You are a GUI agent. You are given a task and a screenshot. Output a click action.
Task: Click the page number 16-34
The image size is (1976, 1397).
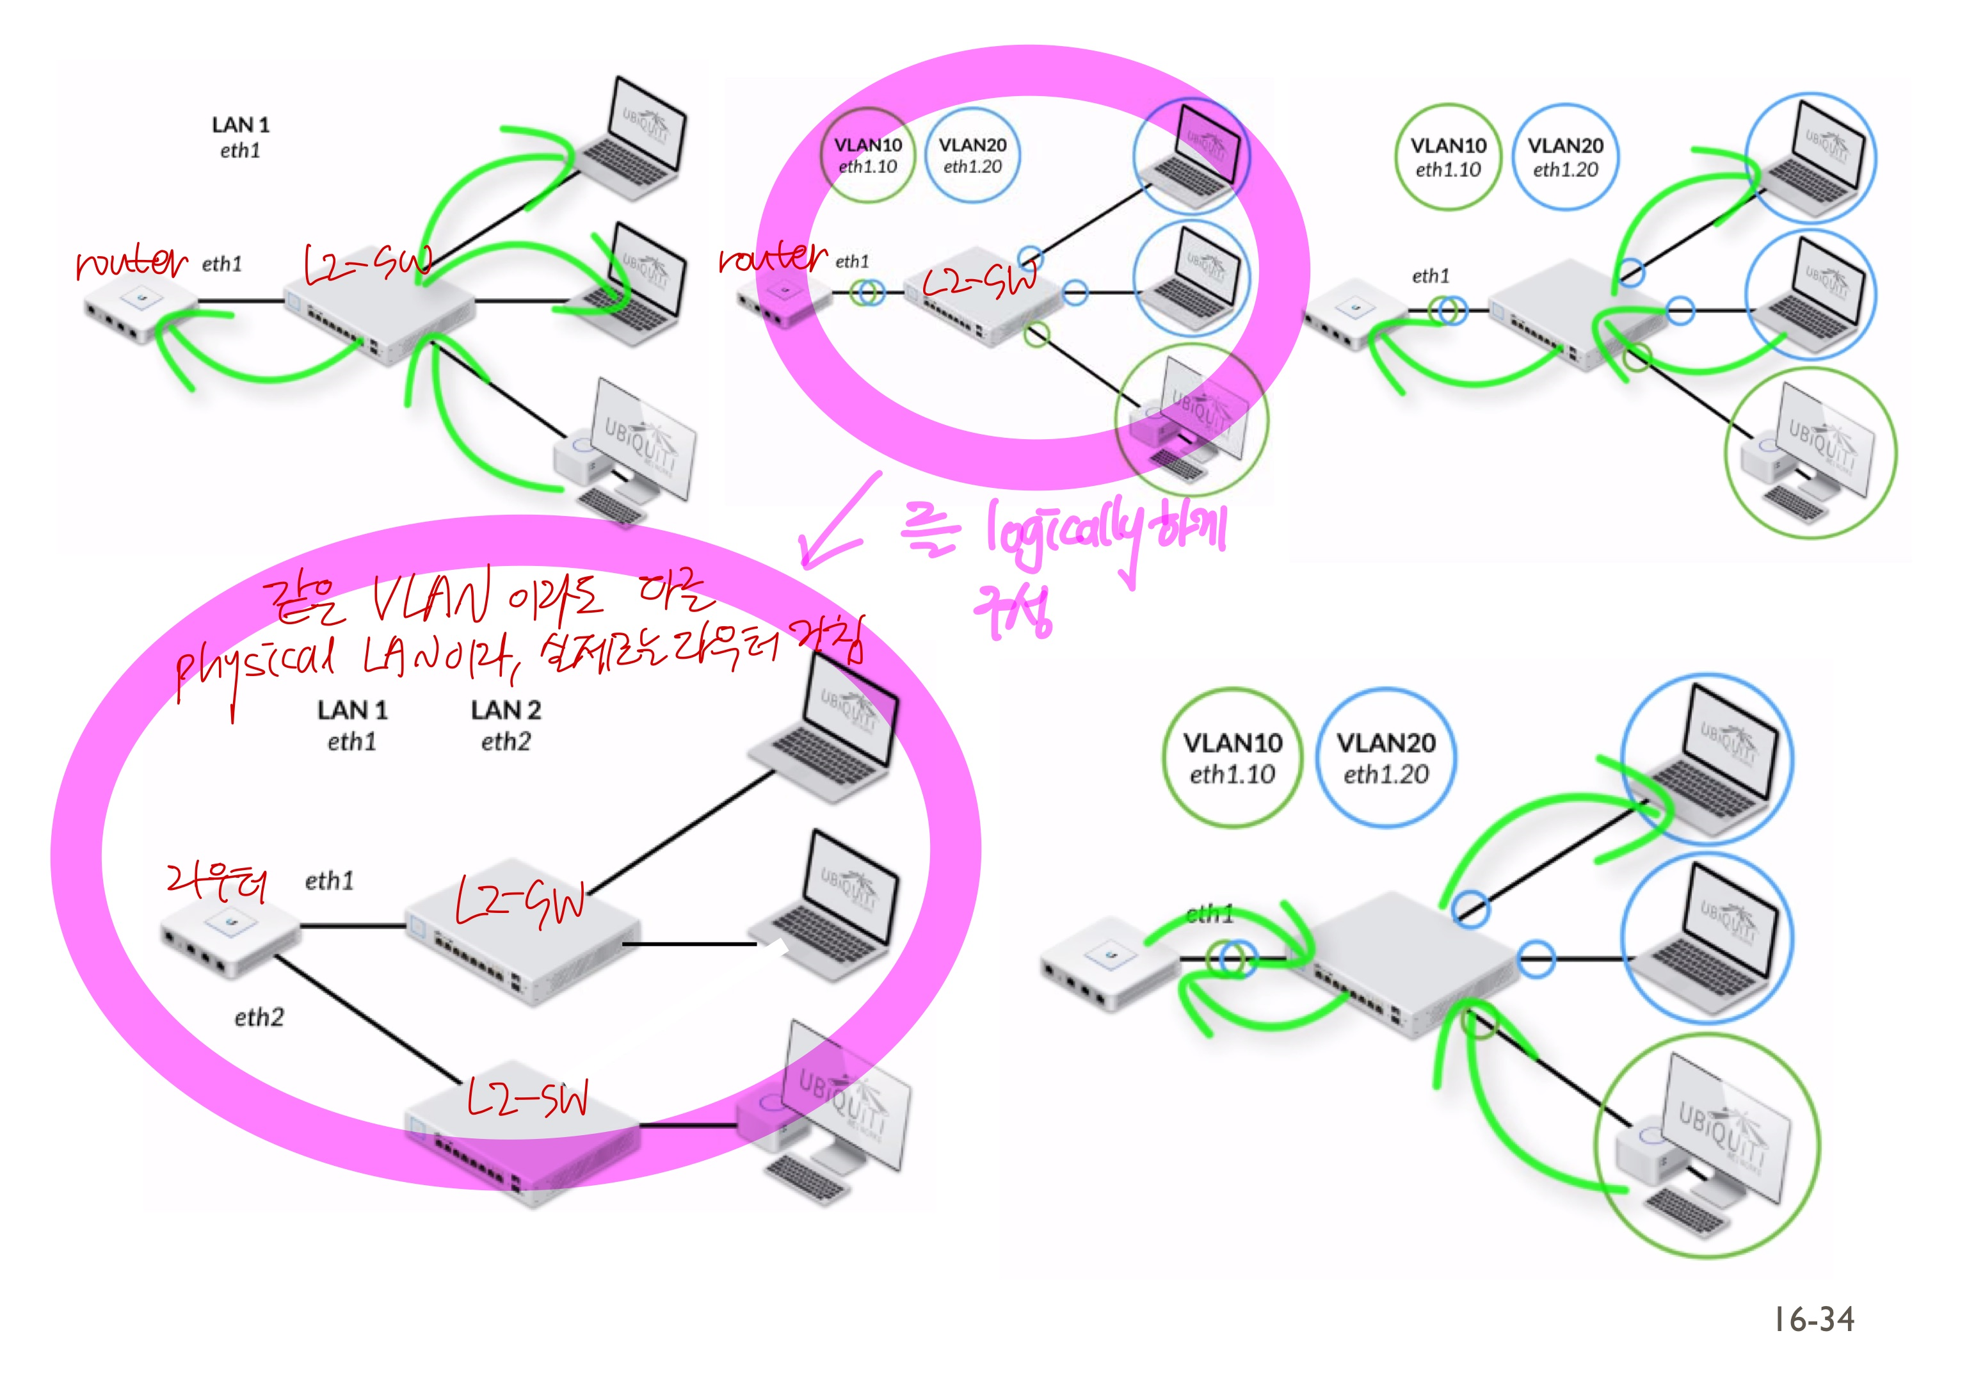click(1813, 1320)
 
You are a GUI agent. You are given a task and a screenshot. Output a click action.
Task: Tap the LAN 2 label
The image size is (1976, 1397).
click(506, 710)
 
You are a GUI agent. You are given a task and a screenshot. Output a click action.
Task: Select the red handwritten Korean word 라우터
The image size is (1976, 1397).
click(218, 882)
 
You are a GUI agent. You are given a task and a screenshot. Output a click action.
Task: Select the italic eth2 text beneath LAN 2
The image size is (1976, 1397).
click(506, 742)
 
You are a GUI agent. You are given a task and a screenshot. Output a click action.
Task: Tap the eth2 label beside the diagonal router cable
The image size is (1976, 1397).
click(259, 1017)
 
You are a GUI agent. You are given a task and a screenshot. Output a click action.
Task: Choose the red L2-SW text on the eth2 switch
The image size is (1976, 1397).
click(527, 1099)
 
